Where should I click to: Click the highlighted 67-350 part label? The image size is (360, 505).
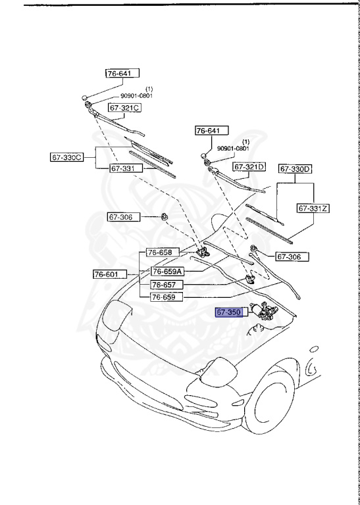coord(230,312)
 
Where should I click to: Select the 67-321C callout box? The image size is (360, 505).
coord(125,107)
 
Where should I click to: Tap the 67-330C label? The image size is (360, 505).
coord(68,157)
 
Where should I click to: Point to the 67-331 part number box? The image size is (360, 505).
coord(123,168)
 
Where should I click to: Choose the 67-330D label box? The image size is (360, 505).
coord(296,169)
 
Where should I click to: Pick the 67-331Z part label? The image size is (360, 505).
coord(313,208)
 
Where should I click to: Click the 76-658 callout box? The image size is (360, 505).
coord(159,252)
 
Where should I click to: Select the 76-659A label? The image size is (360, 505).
coord(167,271)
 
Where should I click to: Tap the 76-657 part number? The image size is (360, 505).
coord(163,285)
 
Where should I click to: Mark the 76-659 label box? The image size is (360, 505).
coord(163,297)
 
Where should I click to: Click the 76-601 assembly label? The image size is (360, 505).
coord(107,274)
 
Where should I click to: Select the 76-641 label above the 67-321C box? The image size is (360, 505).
coord(120,74)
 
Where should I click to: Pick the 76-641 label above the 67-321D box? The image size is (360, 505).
coord(208,131)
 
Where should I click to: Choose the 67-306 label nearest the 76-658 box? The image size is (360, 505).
coord(123,216)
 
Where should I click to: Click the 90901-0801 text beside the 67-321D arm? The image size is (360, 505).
coord(234,148)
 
